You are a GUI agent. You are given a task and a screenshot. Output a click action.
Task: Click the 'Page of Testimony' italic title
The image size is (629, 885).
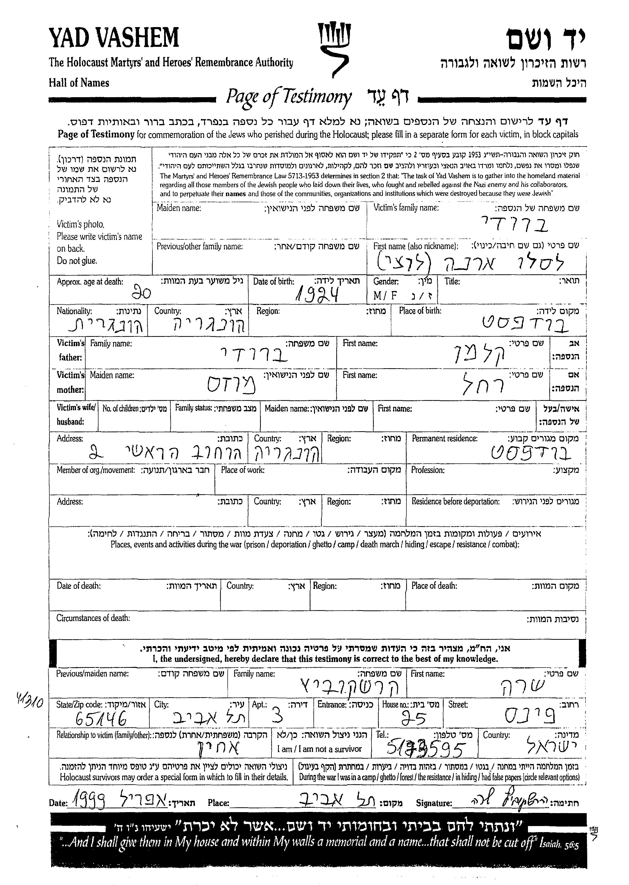tap(289, 97)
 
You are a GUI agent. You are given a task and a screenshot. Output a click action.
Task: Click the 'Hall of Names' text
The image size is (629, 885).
tap(79, 83)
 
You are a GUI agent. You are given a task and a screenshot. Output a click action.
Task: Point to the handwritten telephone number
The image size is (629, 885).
tap(425, 750)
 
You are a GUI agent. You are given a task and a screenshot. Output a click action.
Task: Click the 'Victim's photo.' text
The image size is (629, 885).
tap(81, 224)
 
